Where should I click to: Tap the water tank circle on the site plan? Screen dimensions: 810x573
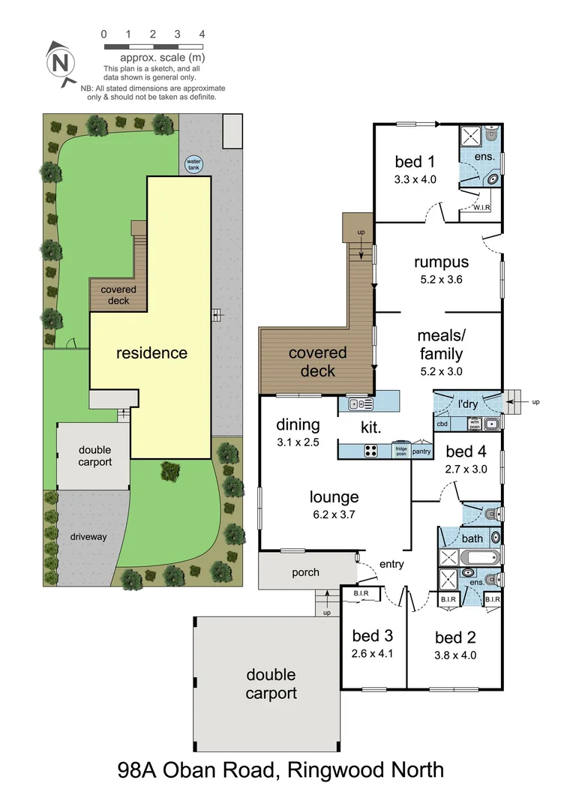click(194, 163)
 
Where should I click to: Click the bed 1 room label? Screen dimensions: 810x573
click(415, 161)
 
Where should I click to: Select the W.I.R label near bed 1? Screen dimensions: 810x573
click(482, 208)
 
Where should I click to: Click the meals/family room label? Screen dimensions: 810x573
click(440, 346)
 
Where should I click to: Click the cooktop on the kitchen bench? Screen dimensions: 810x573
click(371, 451)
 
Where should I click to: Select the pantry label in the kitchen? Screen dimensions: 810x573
click(422, 451)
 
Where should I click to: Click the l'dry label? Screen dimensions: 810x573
click(469, 405)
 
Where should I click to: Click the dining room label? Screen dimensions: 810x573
click(298, 424)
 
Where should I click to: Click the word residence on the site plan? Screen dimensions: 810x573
click(151, 352)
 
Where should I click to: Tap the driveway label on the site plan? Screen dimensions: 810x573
click(89, 537)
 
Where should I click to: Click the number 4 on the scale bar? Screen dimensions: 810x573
click(202, 34)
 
